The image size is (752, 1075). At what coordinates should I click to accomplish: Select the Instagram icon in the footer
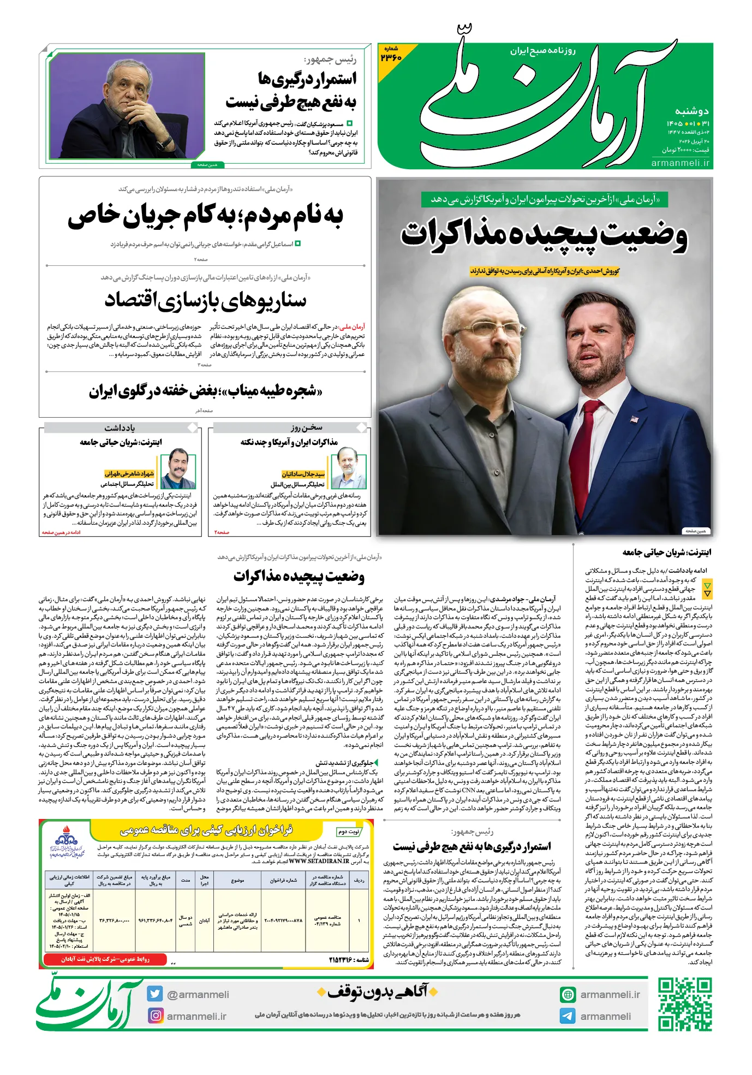(156, 1015)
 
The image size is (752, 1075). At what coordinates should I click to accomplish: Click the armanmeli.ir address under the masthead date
(681, 163)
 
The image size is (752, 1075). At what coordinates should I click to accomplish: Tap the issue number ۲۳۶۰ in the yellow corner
(391, 57)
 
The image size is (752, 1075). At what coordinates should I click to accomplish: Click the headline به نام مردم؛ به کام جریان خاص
(205, 216)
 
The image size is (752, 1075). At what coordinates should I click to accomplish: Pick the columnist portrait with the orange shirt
(178, 468)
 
